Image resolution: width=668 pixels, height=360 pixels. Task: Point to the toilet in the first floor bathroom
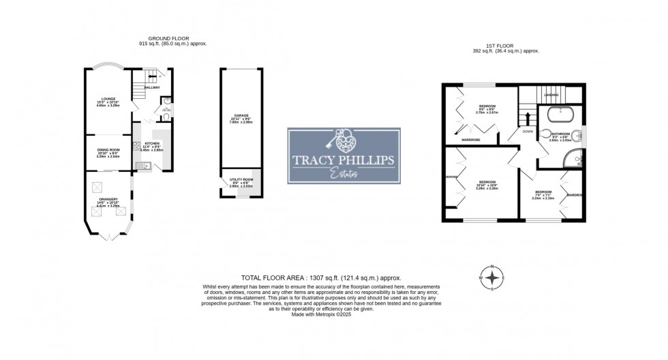coord(546,134)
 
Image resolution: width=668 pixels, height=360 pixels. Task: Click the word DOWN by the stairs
coord(528,131)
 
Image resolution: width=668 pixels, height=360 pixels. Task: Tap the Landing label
coord(551,95)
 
